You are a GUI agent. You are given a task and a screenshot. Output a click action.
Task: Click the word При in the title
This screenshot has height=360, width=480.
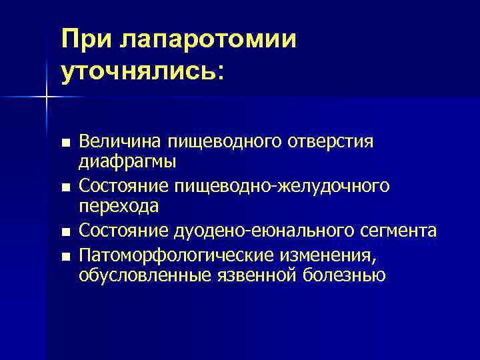tap(87, 39)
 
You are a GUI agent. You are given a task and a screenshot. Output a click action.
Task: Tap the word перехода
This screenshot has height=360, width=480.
tap(119, 206)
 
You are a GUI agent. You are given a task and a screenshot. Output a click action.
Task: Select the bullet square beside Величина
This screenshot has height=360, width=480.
tap(64, 143)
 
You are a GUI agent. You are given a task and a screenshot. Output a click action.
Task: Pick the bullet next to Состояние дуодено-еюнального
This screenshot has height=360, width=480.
tap(64, 232)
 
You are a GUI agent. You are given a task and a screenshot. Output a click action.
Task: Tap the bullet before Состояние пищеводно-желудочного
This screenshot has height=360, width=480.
tap(64, 187)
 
